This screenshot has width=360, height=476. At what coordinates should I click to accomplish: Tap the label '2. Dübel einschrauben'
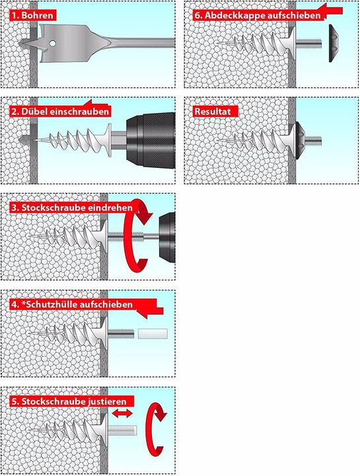pos(59,111)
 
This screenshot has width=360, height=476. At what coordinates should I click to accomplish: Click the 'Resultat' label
pos(213,111)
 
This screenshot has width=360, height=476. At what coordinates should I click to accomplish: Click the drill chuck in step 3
pos(168,237)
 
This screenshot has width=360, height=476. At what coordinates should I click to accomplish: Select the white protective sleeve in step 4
pos(149,334)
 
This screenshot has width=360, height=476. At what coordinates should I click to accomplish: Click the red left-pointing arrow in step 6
pos(334,11)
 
